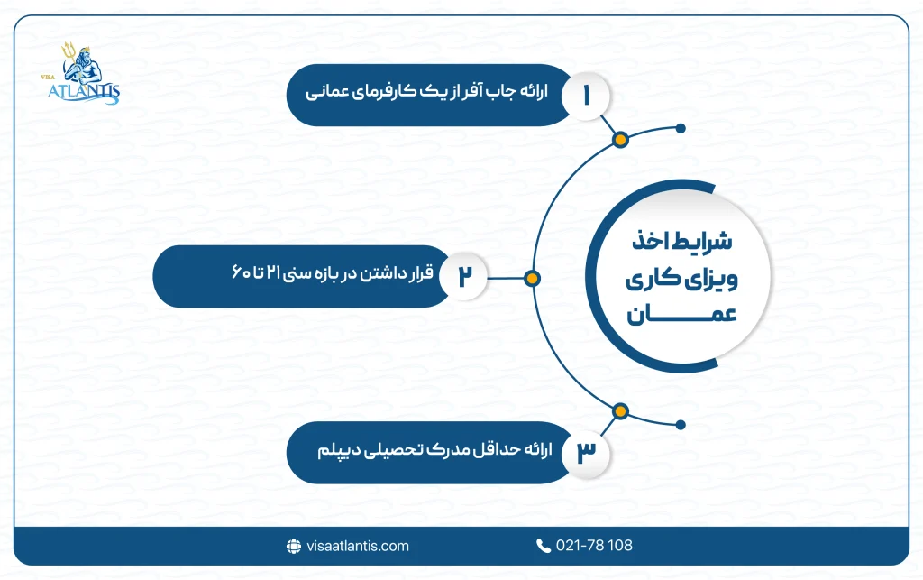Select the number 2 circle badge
465,277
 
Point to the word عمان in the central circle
687,315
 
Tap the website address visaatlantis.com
357,546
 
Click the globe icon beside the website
293,546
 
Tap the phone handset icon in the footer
544,546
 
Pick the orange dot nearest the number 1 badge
619,140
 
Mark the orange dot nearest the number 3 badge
619,411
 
